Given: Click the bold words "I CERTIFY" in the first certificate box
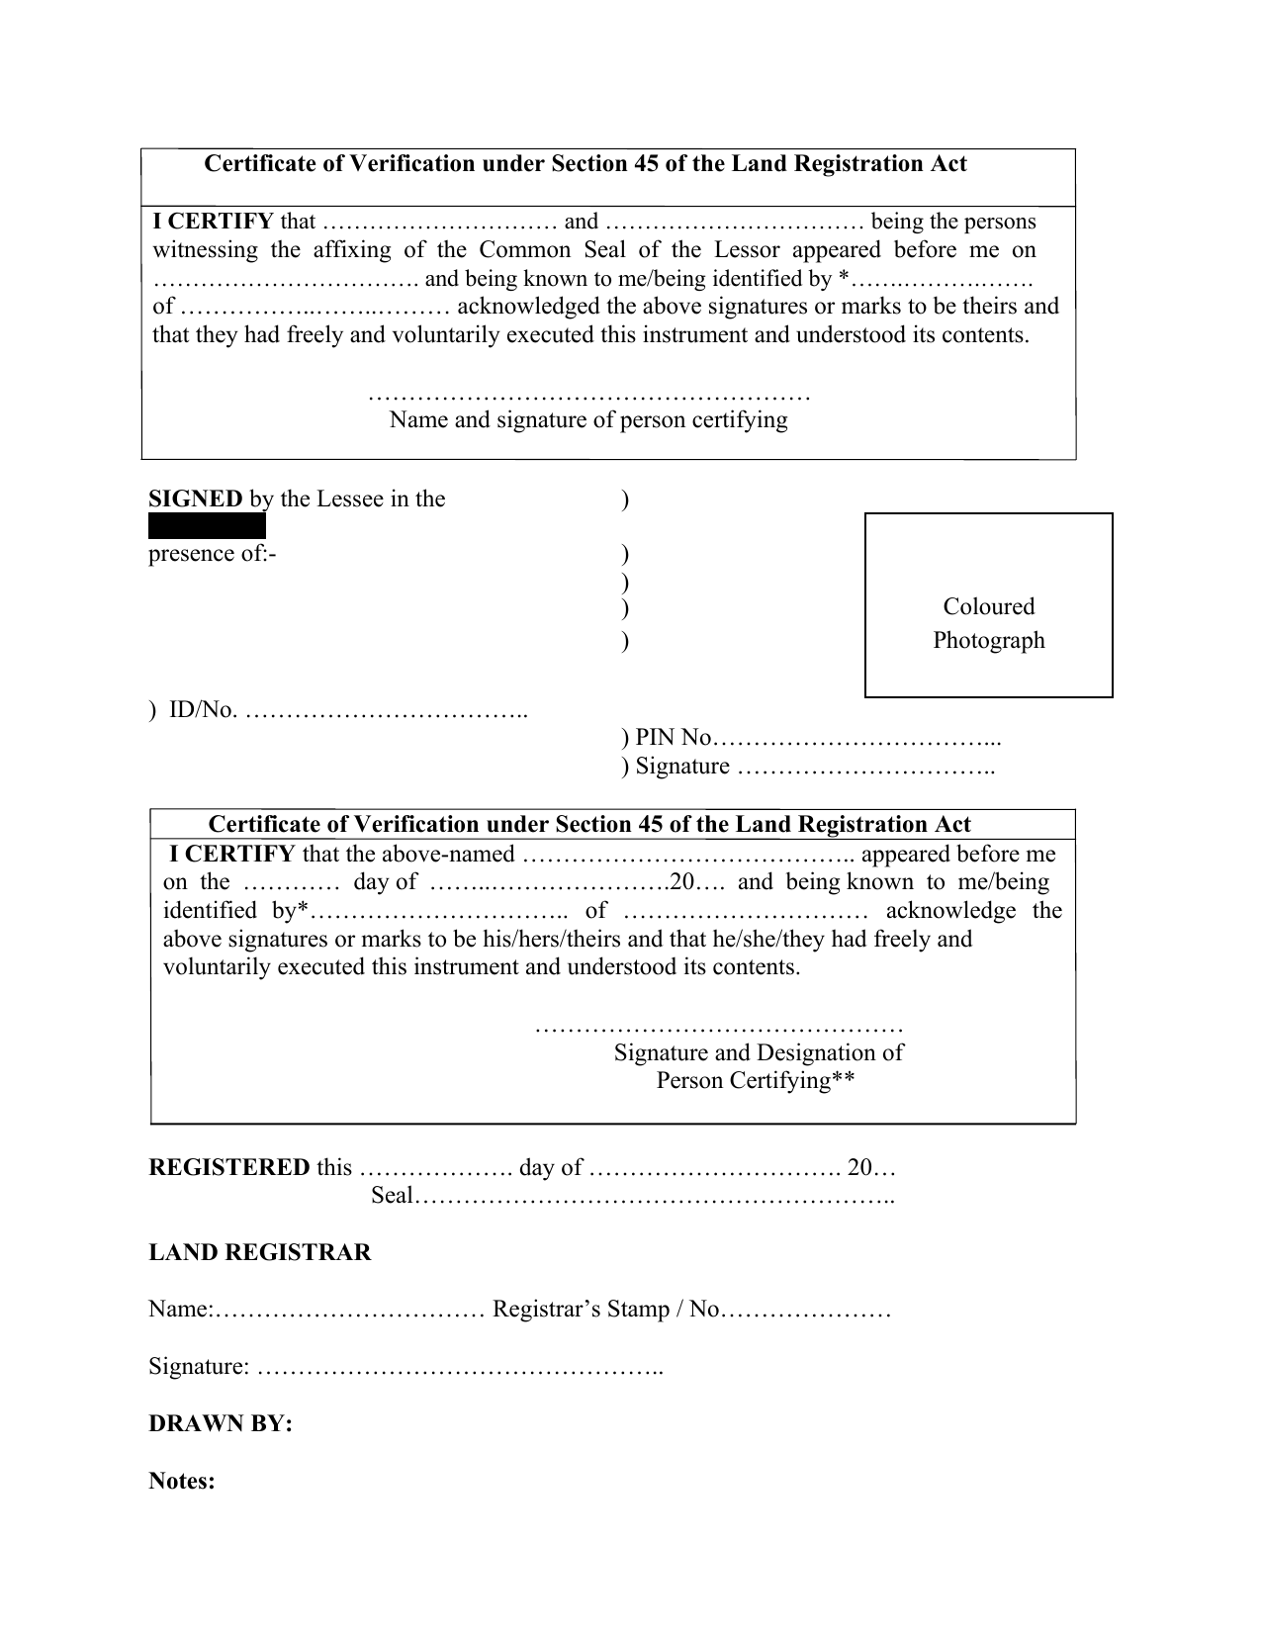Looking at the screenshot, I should click(x=213, y=222).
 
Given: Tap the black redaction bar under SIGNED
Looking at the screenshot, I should click(x=207, y=526).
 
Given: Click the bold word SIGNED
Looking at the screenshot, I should click(x=195, y=499).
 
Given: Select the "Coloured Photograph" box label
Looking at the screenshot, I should click(x=988, y=623).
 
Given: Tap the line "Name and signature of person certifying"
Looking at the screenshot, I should click(x=588, y=420).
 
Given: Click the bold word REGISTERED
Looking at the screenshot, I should click(x=228, y=1167).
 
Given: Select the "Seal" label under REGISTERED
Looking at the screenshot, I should click(x=391, y=1196).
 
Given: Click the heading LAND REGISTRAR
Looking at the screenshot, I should click(x=259, y=1253).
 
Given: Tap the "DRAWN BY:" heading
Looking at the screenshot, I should click(x=220, y=1424).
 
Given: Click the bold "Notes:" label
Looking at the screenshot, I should click(x=182, y=1482).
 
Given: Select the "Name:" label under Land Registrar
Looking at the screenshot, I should click(x=179, y=1310).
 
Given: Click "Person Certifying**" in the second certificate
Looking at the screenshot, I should click(x=755, y=1081).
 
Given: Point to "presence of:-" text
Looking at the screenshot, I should click(x=212, y=554).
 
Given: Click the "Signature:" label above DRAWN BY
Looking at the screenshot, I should click(x=198, y=1367).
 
